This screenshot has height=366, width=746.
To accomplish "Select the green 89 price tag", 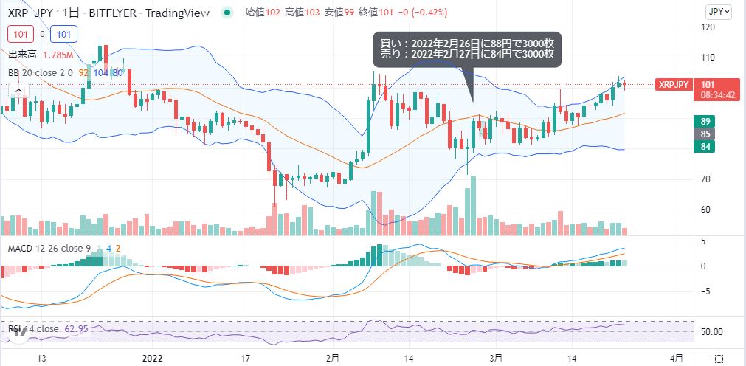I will coord(705,122).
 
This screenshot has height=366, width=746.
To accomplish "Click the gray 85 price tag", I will coord(705,134).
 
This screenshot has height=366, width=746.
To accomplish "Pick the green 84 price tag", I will coord(705,147).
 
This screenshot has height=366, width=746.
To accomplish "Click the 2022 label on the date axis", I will coord(152,358).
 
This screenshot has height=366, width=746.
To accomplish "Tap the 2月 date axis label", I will coord(333,358).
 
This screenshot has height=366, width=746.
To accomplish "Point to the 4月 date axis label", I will coord(677,358).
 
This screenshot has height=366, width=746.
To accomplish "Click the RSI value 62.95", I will coord(75,328).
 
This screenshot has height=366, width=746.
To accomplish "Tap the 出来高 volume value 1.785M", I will coord(58,55).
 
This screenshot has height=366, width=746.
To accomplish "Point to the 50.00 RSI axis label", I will coord(712,331).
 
